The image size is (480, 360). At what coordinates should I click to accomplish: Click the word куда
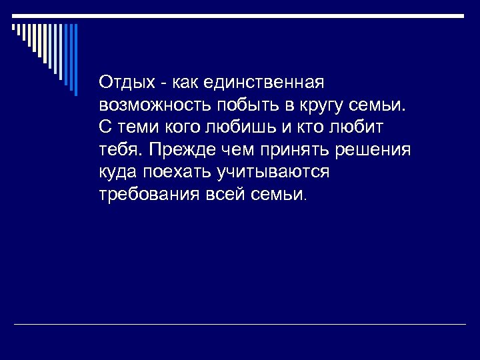coord(117,173)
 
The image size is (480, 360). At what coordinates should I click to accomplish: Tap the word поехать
coord(175,173)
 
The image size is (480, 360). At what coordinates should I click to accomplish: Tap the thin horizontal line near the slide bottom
coord(240,325)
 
